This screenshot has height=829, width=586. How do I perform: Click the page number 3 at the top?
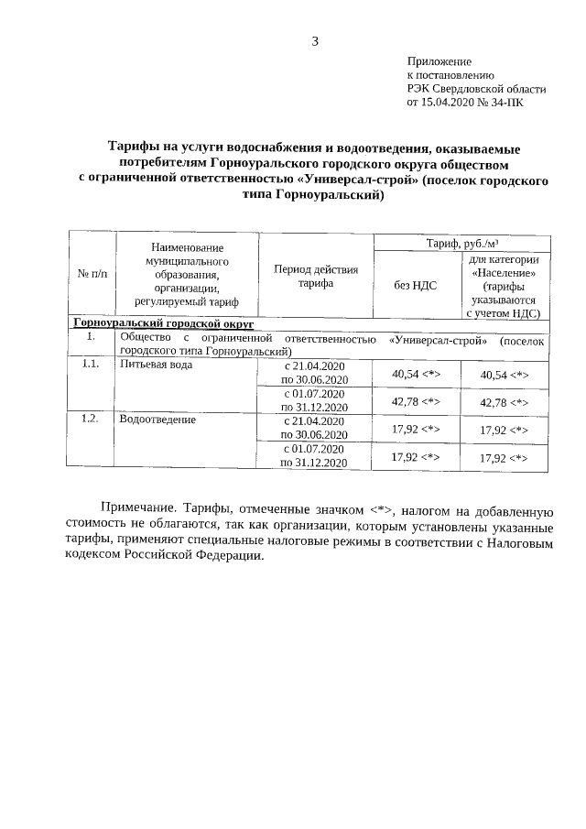pos(314,41)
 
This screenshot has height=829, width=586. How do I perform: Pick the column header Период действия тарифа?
pos(315,277)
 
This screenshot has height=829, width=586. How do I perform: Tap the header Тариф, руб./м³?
pos(461,242)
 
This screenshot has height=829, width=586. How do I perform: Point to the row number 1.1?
pos(90,365)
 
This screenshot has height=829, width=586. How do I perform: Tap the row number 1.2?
pos(90,420)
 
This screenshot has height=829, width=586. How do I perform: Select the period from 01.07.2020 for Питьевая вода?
pos(315,401)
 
